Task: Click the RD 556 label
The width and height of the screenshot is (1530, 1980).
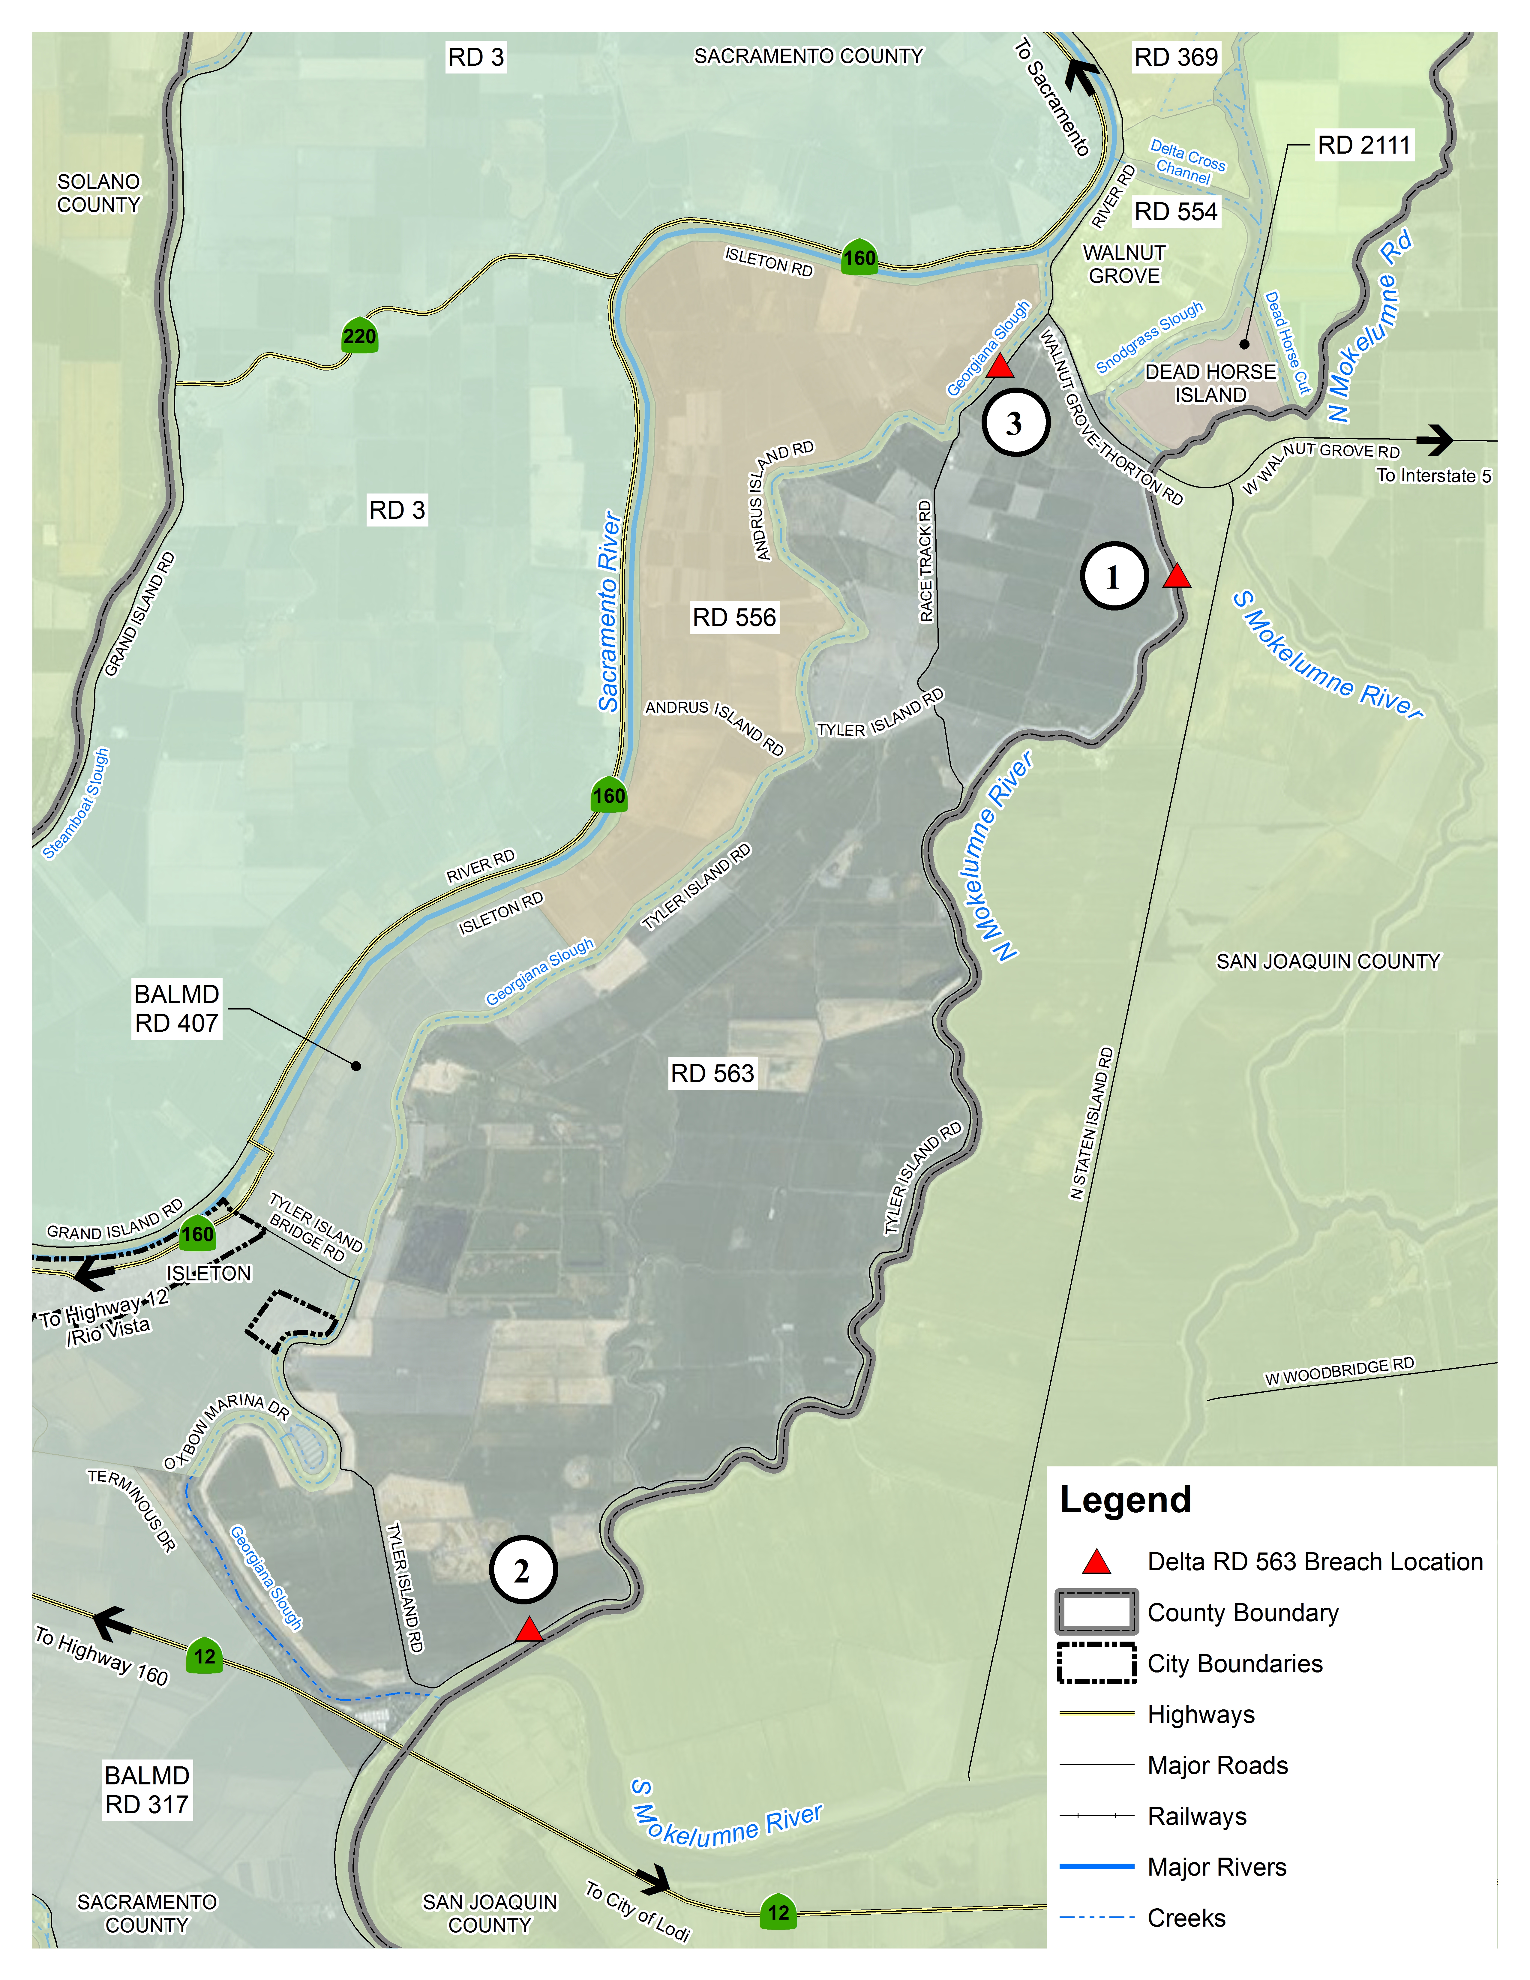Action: click(734, 617)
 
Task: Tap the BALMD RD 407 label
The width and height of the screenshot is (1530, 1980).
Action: click(177, 1008)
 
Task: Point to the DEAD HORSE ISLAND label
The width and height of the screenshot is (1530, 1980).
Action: click(1210, 383)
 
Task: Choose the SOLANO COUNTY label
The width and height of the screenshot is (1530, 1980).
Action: click(99, 193)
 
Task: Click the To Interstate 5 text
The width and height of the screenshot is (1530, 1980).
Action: click(1433, 476)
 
